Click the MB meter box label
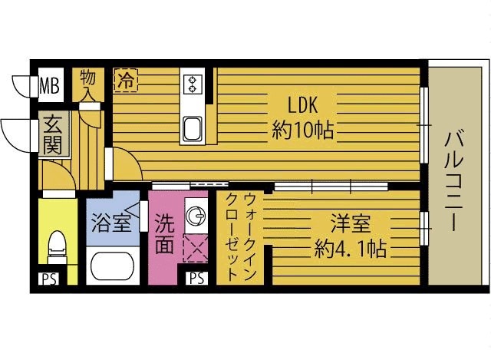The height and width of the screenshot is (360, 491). (x=50, y=85)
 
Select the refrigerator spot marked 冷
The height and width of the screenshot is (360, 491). (x=126, y=80)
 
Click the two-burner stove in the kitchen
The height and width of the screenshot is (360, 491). (x=193, y=84)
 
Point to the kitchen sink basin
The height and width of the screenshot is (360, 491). (x=193, y=128)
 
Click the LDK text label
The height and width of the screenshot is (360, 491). (x=303, y=105)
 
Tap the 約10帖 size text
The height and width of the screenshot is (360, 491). (x=302, y=130)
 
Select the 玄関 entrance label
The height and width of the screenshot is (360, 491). (x=52, y=134)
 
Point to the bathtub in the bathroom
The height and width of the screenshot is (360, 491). (x=113, y=266)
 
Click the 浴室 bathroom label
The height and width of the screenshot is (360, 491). (x=110, y=223)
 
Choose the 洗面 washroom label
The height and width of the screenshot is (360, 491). (x=164, y=234)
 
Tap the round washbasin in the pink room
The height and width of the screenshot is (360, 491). (x=196, y=216)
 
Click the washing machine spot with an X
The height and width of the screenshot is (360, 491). (x=196, y=248)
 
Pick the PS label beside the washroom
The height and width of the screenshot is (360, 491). (x=196, y=278)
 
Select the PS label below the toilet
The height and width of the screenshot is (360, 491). (x=49, y=279)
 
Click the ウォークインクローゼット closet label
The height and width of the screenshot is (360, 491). (x=241, y=237)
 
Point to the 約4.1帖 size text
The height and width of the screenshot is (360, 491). (x=350, y=249)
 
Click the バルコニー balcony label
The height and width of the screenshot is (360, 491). (x=454, y=180)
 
